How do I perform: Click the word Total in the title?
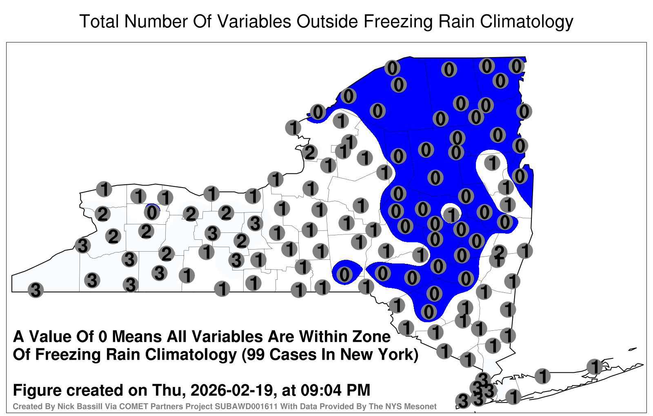(99, 21)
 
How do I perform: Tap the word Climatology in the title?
(526, 22)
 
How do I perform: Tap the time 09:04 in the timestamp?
(321, 390)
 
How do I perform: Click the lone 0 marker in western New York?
(152, 212)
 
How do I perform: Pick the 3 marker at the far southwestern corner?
(36, 290)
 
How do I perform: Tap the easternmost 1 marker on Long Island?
(595, 367)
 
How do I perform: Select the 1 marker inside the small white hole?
(451, 215)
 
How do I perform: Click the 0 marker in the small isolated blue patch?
(344, 274)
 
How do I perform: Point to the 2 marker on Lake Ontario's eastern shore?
(310, 153)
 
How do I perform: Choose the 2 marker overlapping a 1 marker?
(500, 251)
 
